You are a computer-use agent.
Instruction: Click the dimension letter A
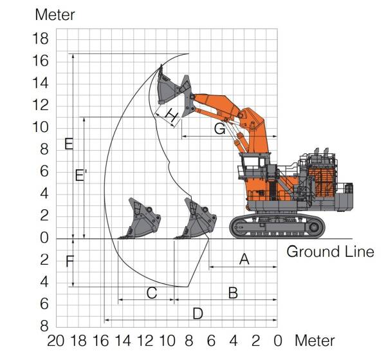pyautogui.click(x=244, y=259)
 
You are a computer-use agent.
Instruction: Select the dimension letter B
pyautogui.click(x=233, y=293)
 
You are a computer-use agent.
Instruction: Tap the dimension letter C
pyautogui.click(x=152, y=293)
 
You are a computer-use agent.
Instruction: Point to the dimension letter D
pyautogui.click(x=198, y=314)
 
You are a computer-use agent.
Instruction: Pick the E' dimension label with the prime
pyautogui.click(x=80, y=175)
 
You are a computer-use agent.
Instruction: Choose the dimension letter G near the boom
pyautogui.click(x=220, y=129)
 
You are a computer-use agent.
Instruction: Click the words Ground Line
pyautogui.click(x=329, y=251)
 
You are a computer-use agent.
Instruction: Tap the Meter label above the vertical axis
pyautogui.click(x=55, y=15)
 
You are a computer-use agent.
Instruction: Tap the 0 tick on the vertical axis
pyautogui.click(x=43, y=238)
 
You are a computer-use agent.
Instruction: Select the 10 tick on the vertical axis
pyautogui.click(x=40, y=128)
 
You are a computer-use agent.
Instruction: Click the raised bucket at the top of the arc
pyautogui.click(x=169, y=87)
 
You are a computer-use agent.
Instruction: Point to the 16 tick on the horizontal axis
pyautogui.click(x=100, y=339)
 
